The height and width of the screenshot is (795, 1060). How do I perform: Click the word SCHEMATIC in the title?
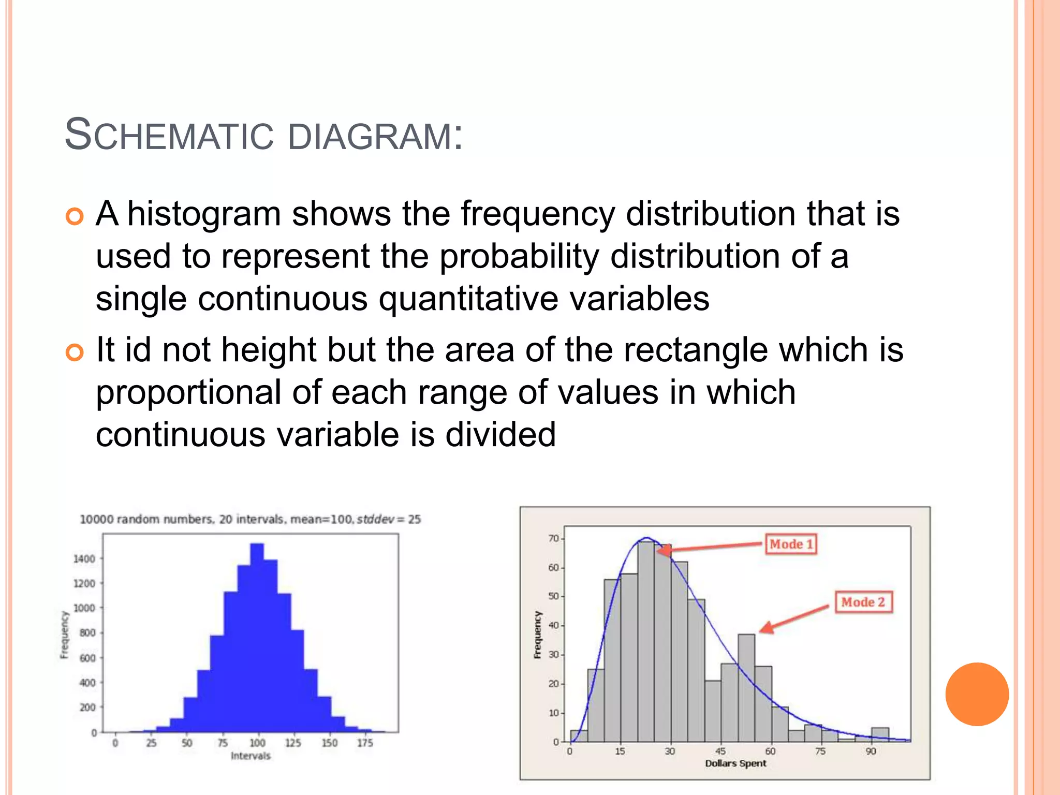tap(169, 136)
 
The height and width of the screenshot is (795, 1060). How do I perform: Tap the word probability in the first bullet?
tap(519, 257)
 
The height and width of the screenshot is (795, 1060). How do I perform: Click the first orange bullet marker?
tap(75, 216)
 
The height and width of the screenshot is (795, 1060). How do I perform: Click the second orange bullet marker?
tap(75, 353)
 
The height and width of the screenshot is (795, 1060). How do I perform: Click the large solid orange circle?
tap(977, 694)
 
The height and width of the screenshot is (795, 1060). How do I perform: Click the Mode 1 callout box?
tap(790, 544)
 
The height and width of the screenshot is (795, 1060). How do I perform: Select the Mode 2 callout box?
tap(863, 602)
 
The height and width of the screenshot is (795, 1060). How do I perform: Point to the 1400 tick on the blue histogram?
tap(84, 558)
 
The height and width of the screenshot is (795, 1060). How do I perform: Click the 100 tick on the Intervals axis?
tap(257, 743)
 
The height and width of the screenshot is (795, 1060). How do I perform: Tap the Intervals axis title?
tap(251, 756)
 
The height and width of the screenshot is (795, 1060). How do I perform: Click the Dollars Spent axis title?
tap(735, 763)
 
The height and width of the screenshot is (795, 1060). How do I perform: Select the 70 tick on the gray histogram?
tap(553, 539)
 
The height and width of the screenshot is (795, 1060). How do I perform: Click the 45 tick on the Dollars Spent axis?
tap(720, 751)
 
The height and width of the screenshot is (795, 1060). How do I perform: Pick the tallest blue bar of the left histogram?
tap(257, 637)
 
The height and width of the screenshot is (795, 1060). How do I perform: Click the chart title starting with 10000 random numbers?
tap(250, 519)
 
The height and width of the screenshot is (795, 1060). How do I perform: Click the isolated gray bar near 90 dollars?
tap(880, 734)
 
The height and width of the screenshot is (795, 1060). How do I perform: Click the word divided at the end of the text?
tap(500, 435)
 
